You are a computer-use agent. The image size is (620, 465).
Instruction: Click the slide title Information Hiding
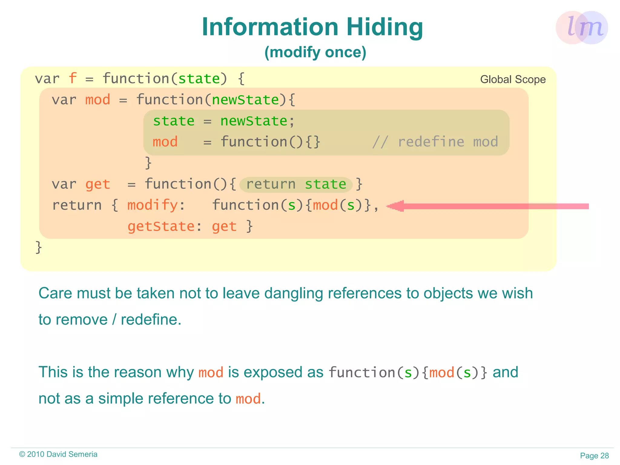coord(312,27)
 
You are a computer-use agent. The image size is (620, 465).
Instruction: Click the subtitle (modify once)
coord(315,52)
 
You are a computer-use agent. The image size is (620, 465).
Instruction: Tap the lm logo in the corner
coord(582,28)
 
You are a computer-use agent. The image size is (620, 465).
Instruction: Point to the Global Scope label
coord(513,79)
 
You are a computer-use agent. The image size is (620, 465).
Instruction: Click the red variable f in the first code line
coord(72,78)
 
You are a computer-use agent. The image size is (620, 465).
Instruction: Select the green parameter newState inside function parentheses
coord(245,100)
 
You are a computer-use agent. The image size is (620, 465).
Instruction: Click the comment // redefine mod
coord(435,142)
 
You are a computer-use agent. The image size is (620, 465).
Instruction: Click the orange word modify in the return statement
coord(152,205)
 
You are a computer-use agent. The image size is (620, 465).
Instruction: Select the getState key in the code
coord(161,226)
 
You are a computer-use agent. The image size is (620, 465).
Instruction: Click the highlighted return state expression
coord(296,184)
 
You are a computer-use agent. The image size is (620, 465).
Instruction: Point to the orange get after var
coord(97,184)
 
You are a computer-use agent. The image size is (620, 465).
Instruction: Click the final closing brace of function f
coord(38,247)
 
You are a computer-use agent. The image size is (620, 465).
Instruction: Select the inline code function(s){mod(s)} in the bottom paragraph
coord(408,372)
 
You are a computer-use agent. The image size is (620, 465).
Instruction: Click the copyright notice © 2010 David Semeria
coord(58,454)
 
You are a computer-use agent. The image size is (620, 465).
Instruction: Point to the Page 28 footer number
coord(594,456)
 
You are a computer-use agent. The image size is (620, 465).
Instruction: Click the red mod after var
coord(97,100)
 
